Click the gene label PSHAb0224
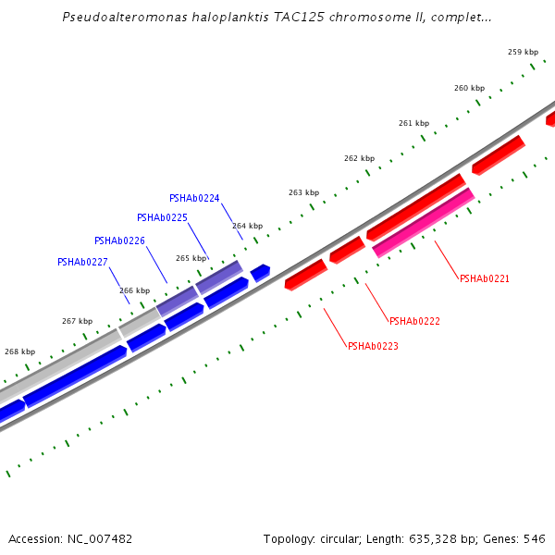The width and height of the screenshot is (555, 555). pos(194,198)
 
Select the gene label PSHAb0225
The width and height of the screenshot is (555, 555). pos(162,217)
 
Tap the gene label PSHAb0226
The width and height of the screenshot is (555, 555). pos(119,240)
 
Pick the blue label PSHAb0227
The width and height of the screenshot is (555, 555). pos(82,262)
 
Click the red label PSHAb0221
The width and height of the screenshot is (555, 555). pos(485,278)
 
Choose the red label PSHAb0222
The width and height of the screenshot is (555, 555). pos(414,321)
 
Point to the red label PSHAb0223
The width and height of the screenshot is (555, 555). pos(373,346)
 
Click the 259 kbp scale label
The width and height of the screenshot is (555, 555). pos(523,52)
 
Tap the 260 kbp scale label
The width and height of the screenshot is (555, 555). pos(469,88)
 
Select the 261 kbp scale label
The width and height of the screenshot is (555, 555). pos(413,123)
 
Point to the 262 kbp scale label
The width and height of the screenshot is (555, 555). pos(359,158)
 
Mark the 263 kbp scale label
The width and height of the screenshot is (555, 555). pos(303,192)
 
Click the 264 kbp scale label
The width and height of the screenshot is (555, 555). pos(247,226)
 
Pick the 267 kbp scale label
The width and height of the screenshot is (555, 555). pos(77,321)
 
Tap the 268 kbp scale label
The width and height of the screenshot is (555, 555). pos(19,351)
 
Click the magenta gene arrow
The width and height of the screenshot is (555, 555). pos(424,222)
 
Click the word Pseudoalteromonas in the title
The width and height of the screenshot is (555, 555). pos(118,18)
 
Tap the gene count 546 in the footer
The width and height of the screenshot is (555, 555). pos(535,538)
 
